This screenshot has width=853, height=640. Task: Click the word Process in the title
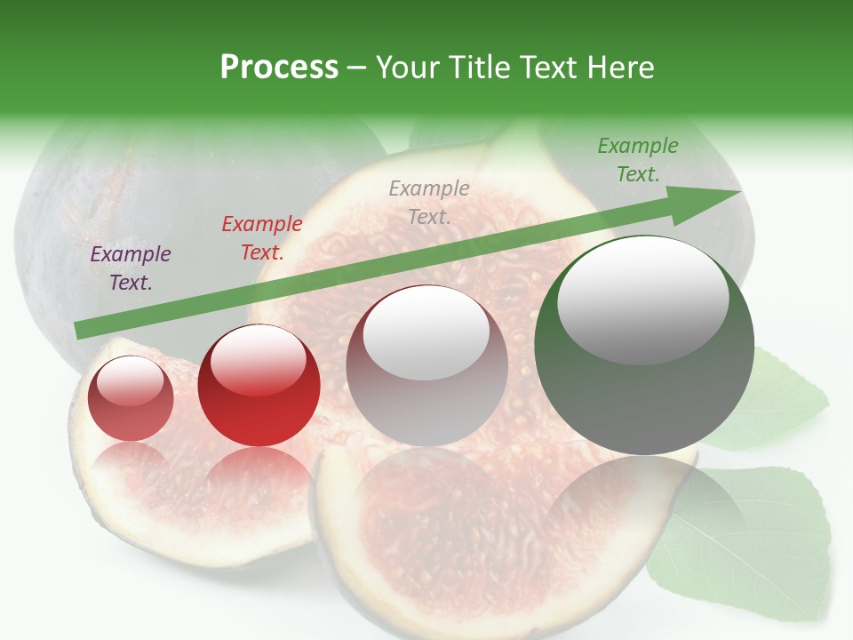(279, 67)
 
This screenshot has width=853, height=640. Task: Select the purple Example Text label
(131, 268)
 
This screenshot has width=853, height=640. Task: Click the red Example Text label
(261, 238)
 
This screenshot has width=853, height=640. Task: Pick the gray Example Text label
(429, 202)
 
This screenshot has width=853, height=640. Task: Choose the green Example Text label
(637, 160)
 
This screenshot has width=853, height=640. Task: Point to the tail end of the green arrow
(82, 330)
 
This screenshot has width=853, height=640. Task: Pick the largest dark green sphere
(644, 400)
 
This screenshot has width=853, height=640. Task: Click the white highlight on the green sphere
(642, 298)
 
